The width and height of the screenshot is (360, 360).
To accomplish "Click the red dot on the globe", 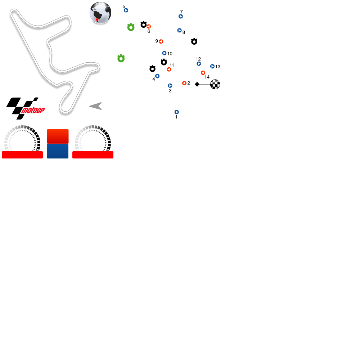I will [97, 19].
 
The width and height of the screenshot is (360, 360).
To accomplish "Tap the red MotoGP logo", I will [33, 111].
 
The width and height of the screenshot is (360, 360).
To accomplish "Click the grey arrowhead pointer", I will [96, 106].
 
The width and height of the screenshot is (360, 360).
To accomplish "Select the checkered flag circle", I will [215, 84].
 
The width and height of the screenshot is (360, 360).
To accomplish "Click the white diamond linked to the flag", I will [197, 84].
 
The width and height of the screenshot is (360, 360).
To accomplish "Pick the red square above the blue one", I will [58, 136].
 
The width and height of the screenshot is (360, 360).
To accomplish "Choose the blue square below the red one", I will [58, 151].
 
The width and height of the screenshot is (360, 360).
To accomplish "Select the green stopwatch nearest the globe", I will [131, 27].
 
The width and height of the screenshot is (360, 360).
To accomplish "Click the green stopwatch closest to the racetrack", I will [121, 59].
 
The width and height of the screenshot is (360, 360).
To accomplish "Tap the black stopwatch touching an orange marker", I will [143, 25].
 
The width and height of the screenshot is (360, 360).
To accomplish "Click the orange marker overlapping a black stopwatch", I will [149, 27].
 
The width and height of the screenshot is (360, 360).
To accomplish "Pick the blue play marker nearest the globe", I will [126, 10].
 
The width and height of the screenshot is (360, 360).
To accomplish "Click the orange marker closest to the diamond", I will [184, 83].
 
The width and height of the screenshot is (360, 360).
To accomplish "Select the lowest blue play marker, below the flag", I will [177, 112].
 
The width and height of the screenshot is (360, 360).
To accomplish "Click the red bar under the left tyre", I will [22, 155].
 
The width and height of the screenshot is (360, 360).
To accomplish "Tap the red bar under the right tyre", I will [93, 155].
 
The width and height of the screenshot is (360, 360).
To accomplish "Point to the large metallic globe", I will [100, 13].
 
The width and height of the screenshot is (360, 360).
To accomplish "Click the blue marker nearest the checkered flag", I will [212, 66].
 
